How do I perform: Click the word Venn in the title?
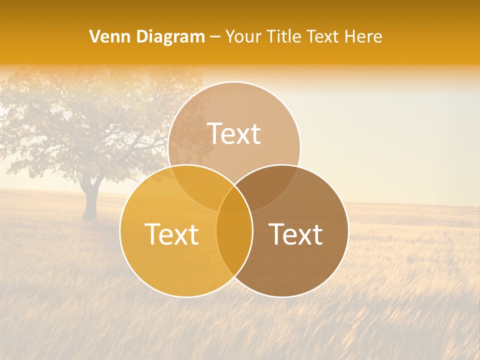click(106, 36)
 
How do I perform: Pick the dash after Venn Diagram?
click(215, 37)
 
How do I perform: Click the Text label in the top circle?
click(234, 133)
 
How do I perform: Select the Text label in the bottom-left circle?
click(171, 234)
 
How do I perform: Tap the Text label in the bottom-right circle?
click(295, 234)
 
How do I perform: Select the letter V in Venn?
click(94, 36)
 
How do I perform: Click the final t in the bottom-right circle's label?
click(317, 234)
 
